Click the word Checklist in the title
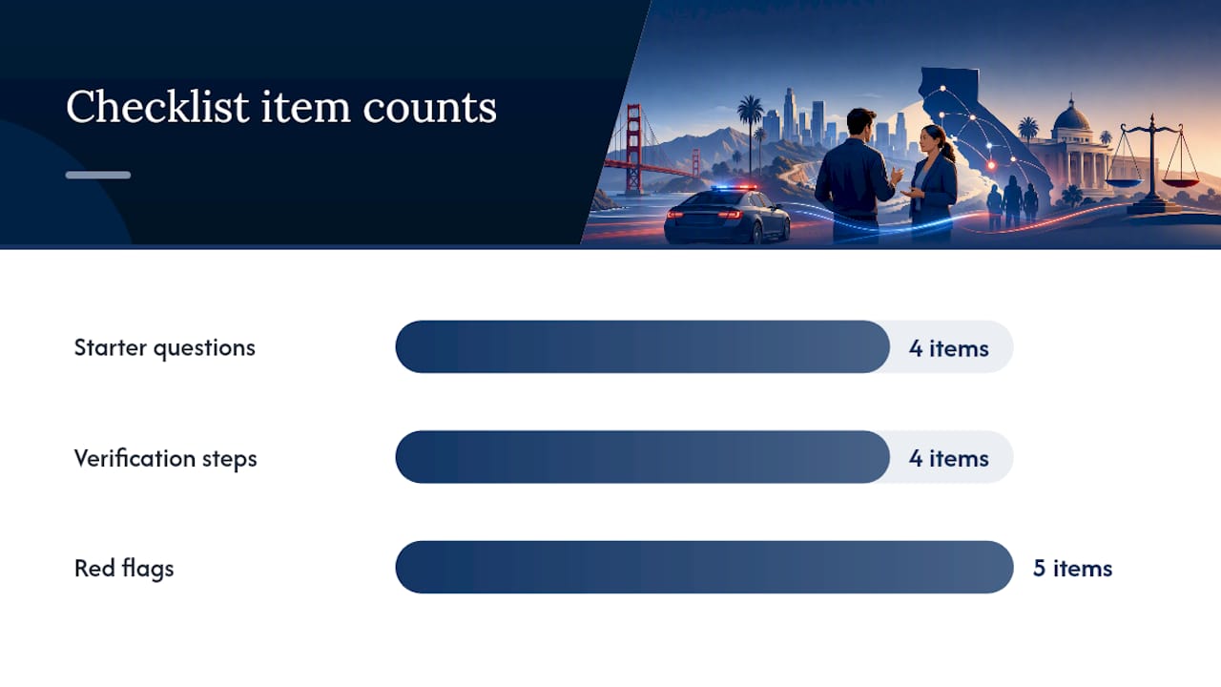tap(157, 106)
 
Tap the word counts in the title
tap(429, 108)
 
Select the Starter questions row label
tap(165, 348)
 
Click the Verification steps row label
tap(165, 458)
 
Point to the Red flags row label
tap(124, 568)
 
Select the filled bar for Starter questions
tap(643, 346)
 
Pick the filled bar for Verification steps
tap(643, 457)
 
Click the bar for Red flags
tap(704, 567)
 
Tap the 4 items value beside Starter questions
tap(948, 348)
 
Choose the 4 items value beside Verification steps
tap(948, 459)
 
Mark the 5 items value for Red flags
tap(1072, 569)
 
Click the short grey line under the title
tap(98, 175)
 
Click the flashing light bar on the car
tap(734, 188)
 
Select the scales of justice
tap(1151, 163)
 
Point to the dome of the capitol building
tap(1070, 115)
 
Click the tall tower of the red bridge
tap(633, 150)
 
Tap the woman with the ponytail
tap(933, 182)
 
